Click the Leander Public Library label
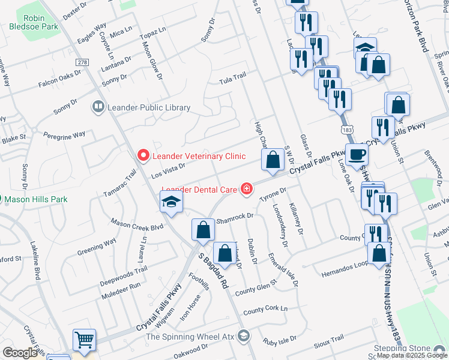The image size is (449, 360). pyautogui.click(x=148, y=108)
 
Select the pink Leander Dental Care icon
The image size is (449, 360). pyautogui.click(x=246, y=190)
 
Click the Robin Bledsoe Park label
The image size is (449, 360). pyautogui.click(x=34, y=19)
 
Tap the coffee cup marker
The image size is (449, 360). pyautogui.click(x=357, y=155)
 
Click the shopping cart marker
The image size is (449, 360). pyautogui.click(x=85, y=340)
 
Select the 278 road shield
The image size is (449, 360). pyautogui.click(x=82, y=62)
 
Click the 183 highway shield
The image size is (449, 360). pyautogui.click(x=345, y=129)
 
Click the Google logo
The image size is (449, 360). pyautogui.click(x=20, y=353)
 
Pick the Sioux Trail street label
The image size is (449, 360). pyautogui.click(x=328, y=339)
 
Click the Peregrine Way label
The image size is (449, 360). pyautogui.click(x=64, y=134)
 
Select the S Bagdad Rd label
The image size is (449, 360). pyautogui.click(x=214, y=270)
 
